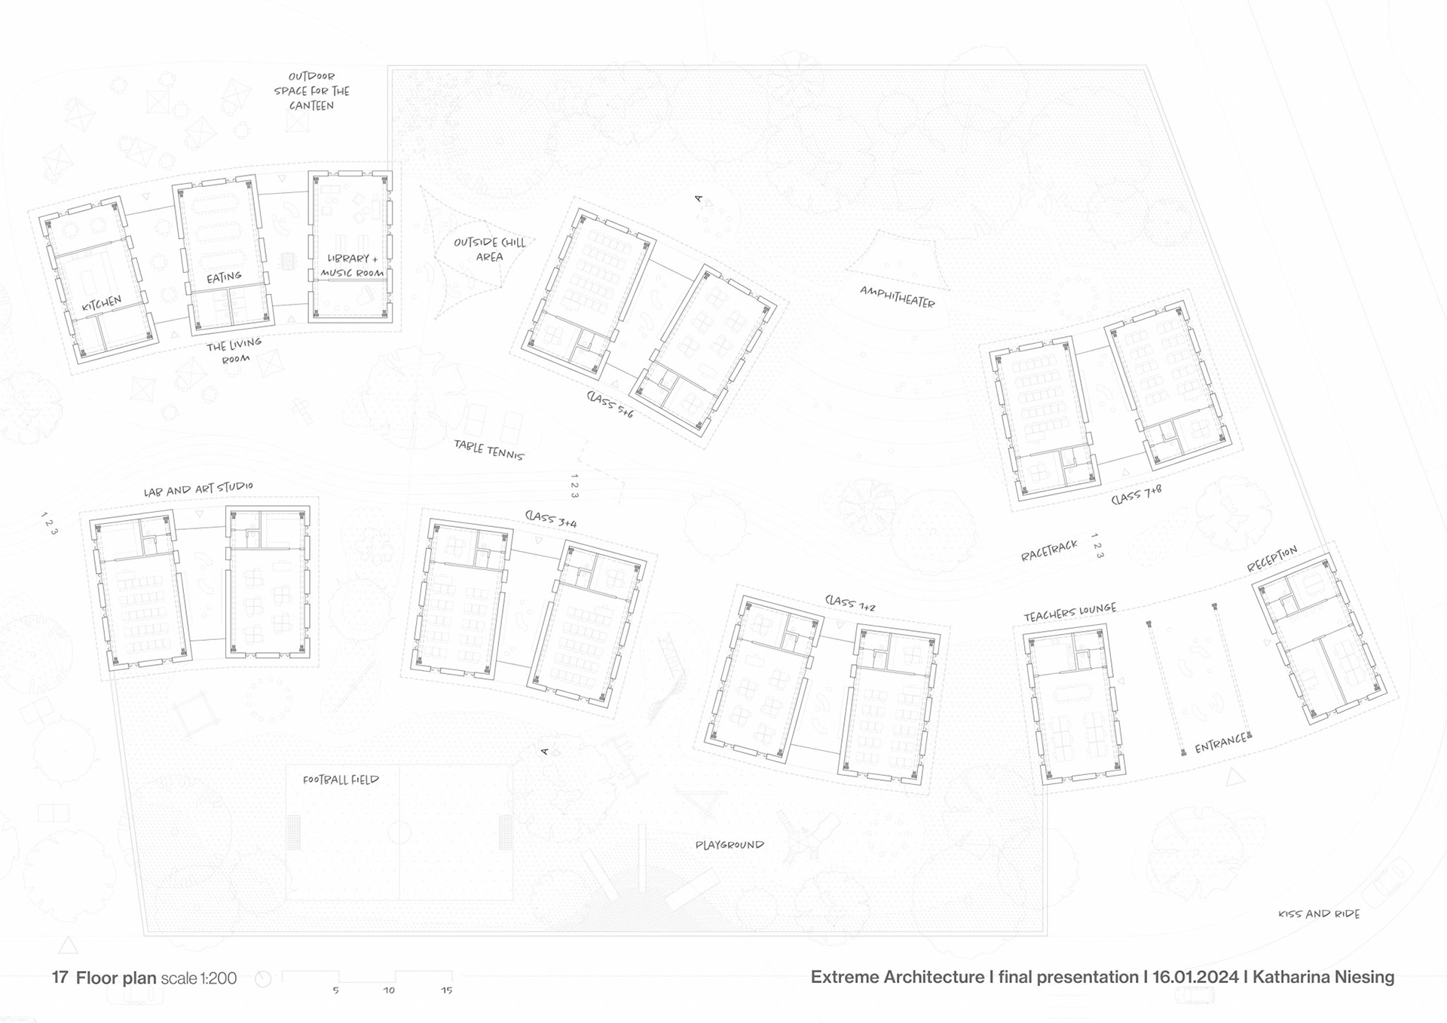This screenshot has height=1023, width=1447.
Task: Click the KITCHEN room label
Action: coord(102,304)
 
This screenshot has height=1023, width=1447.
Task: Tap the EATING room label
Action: coord(224,277)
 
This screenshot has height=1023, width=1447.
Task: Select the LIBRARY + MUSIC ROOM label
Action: coord(352,265)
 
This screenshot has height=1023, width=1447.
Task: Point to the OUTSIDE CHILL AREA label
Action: coord(489,250)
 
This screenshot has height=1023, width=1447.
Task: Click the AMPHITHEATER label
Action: coord(897,297)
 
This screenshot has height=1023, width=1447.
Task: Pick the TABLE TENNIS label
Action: coord(488,450)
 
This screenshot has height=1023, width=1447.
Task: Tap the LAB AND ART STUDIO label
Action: coord(198,489)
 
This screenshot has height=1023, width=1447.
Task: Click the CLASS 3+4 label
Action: coord(551,518)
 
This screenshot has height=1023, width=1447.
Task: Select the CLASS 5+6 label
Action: coord(610,404)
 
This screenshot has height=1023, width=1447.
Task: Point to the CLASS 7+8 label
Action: coord(1136,495)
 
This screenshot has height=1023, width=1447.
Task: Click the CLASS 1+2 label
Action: coord(850,603)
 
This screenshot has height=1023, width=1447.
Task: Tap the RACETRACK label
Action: coord(1049,551)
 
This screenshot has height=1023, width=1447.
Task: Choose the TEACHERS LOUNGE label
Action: coord(1069,612)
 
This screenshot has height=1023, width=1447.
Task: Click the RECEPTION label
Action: coord(1272,559)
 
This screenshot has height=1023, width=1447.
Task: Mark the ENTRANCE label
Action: coord(1220,743)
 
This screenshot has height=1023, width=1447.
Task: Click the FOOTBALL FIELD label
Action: coord(341,780)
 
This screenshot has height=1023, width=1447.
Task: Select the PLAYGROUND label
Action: coord(729,845)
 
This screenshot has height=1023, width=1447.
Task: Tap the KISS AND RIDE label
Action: coord(1319,914)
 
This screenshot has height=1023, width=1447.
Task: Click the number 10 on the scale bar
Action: coord(389,991)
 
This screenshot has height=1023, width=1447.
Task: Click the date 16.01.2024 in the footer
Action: coord(1195,977)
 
